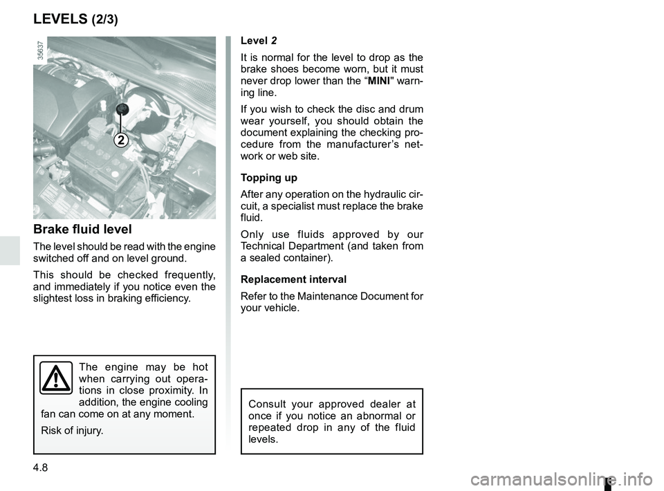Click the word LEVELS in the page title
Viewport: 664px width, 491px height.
[59, 19]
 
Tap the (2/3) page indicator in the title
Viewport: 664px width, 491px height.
[104, 19]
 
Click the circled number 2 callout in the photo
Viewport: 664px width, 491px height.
[120, 140]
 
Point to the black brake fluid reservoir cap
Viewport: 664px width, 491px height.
[123, 109]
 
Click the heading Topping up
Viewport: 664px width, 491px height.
[269, 178]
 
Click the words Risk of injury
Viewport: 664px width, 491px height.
[72, 431]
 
